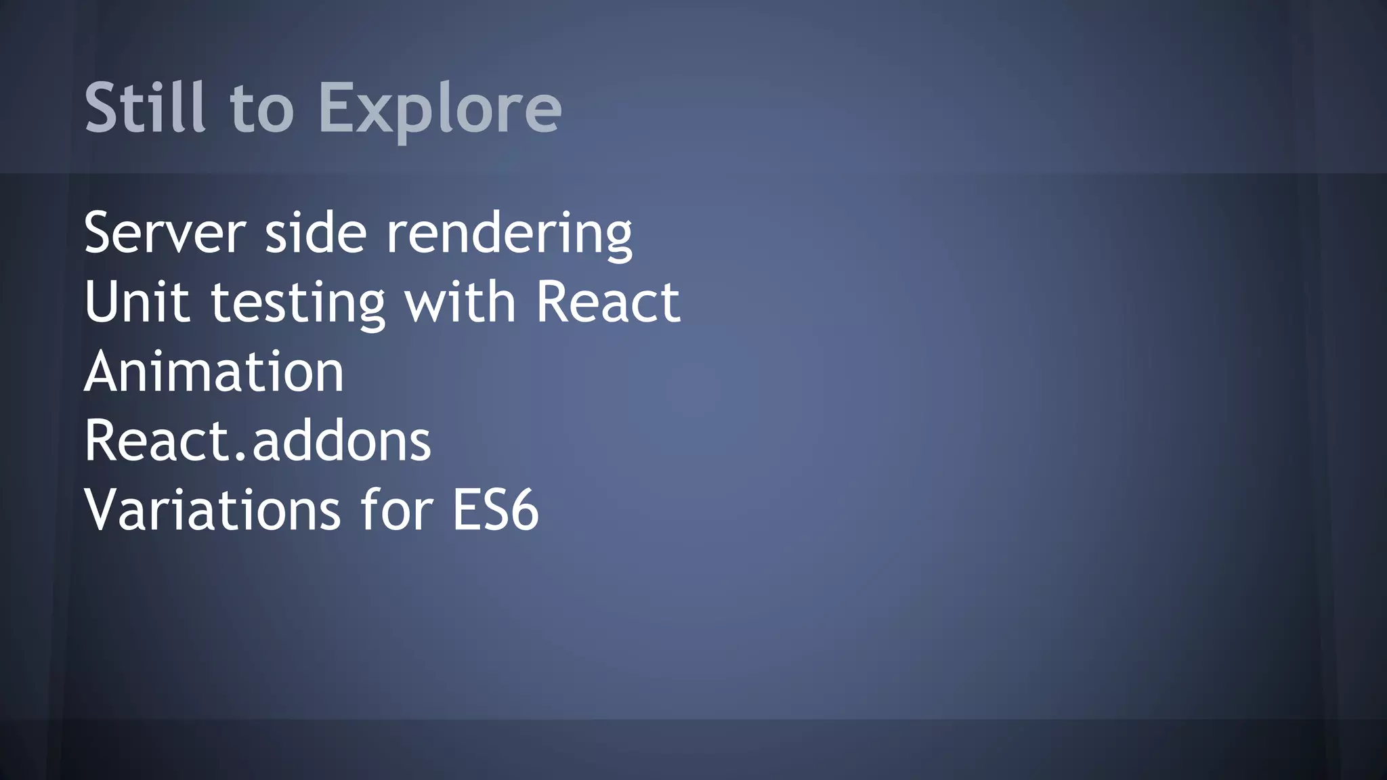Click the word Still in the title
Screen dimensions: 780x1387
[145, 107]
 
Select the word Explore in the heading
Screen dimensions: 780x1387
[440, 108]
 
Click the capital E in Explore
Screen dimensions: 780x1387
[337, 107]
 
